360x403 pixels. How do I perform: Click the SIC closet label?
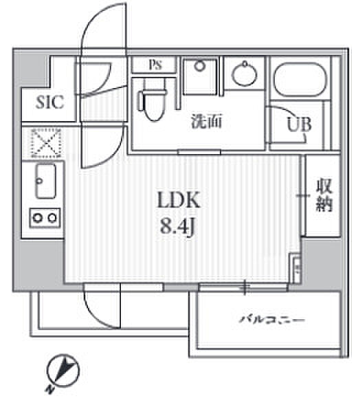[x=49, y=102]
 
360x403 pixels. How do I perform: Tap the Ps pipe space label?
[x=155, y=65]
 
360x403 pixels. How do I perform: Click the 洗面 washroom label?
[x=206, y=121]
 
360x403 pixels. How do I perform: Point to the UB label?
[x=299, y=124]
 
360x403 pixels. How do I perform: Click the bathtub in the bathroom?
[x=300, y=79]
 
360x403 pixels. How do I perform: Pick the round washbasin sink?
[x=244, y=74]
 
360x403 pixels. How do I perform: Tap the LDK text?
[x=179, y=200]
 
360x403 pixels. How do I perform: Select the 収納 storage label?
[x=324, y=195]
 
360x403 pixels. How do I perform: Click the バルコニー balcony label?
[x=272, y=320]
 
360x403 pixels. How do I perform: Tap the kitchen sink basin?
[x=45, y=181]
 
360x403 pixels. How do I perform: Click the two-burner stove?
[x=45, y=218]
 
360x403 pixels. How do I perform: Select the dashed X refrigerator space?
[x=46, y=143]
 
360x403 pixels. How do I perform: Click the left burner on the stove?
[x=38, y=218]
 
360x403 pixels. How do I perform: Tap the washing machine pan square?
[x=200, y=76]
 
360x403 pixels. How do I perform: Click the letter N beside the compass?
[x=50, y=390]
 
